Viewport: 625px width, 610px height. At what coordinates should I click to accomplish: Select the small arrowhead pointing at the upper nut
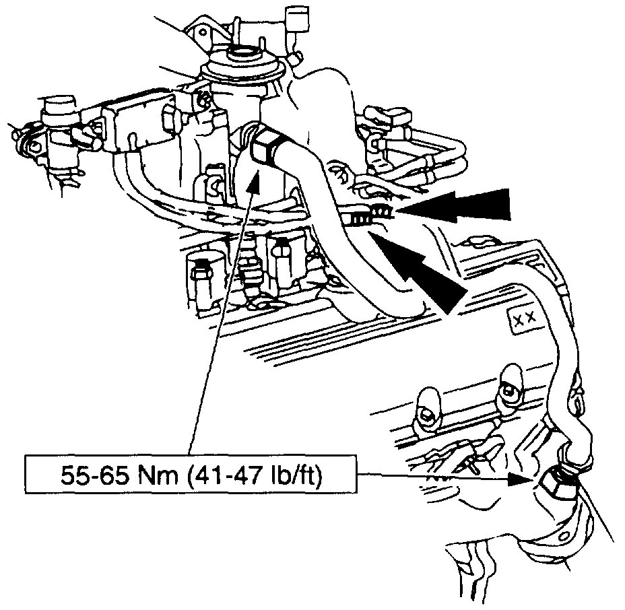(253, 178)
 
